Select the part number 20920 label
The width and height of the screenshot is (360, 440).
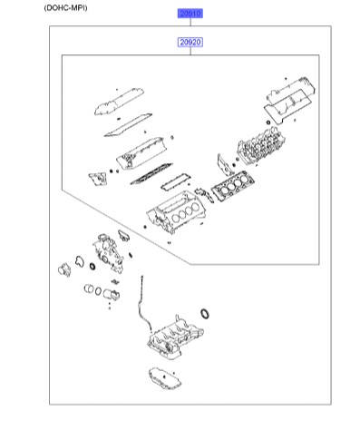[x=190, y=43]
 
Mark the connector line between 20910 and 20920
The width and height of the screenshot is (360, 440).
[x=190, y=28]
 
